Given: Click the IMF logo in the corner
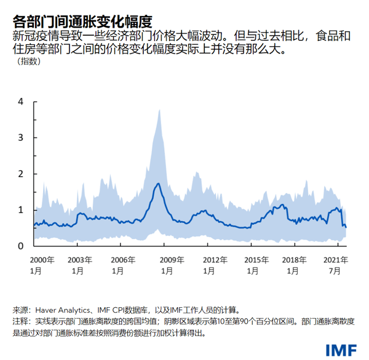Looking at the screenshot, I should (x=339, y=349).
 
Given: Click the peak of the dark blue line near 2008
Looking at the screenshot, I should (x=159, y=184).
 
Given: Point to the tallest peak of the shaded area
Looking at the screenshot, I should (x=159, y=110).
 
